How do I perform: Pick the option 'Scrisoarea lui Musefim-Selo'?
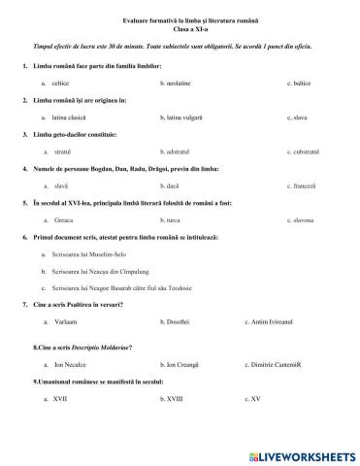click(x=97, y=253)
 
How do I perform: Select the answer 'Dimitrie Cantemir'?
click(x=281, y=364)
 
